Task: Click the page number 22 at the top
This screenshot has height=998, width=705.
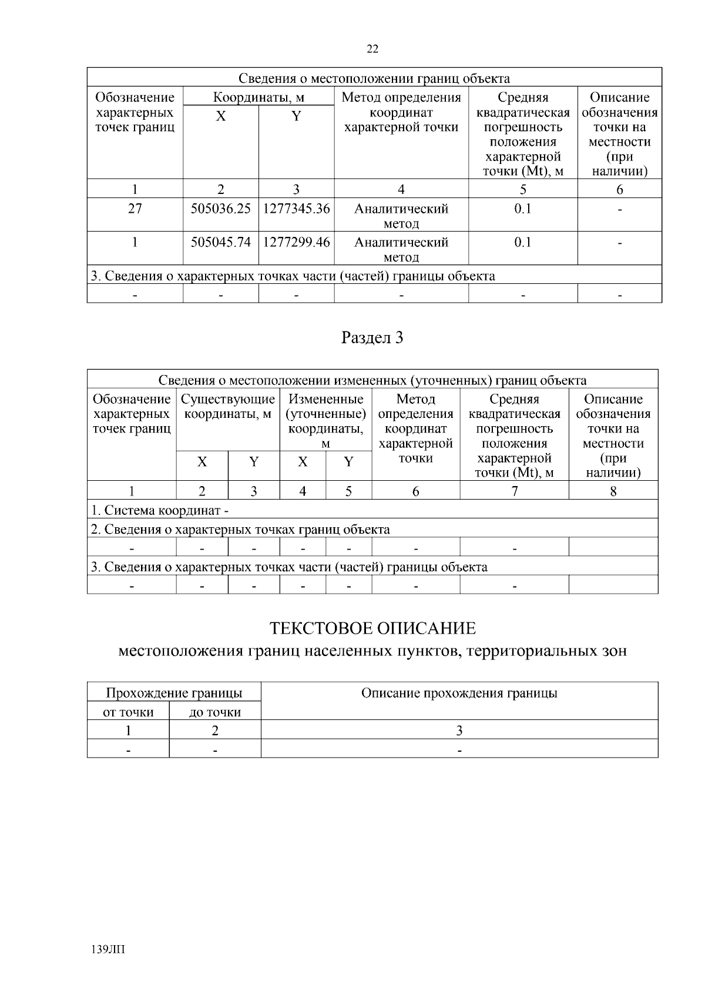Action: tap(372, 49)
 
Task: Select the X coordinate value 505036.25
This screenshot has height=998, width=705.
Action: tap(221, 209)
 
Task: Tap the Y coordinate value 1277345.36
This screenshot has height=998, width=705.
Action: tap(296, 209)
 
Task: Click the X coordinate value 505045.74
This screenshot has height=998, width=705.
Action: tap(221, 242)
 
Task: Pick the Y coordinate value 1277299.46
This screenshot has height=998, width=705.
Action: tap(296, 242)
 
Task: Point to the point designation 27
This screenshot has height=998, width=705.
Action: tap(135, 209)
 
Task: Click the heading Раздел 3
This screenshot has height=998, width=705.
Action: tap(372, 337)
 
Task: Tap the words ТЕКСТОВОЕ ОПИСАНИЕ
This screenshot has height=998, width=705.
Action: tap(372, 628)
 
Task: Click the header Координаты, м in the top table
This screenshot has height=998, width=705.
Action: tap(258, 97)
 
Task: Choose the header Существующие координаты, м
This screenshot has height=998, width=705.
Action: tap(228, 407)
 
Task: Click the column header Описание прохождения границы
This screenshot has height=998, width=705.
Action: tap(459, 693)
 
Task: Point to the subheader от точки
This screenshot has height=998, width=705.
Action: tap(128, 712)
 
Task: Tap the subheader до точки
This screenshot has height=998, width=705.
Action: tap(215, 712)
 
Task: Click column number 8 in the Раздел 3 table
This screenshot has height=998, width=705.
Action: tap(613, 491)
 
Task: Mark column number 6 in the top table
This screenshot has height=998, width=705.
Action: tap(620, 189)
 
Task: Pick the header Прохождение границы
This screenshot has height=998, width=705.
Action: tap(174, 693)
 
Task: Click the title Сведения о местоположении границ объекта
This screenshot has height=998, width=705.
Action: tap(374, 78)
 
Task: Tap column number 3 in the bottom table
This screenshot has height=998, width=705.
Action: tap(459, 731)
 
